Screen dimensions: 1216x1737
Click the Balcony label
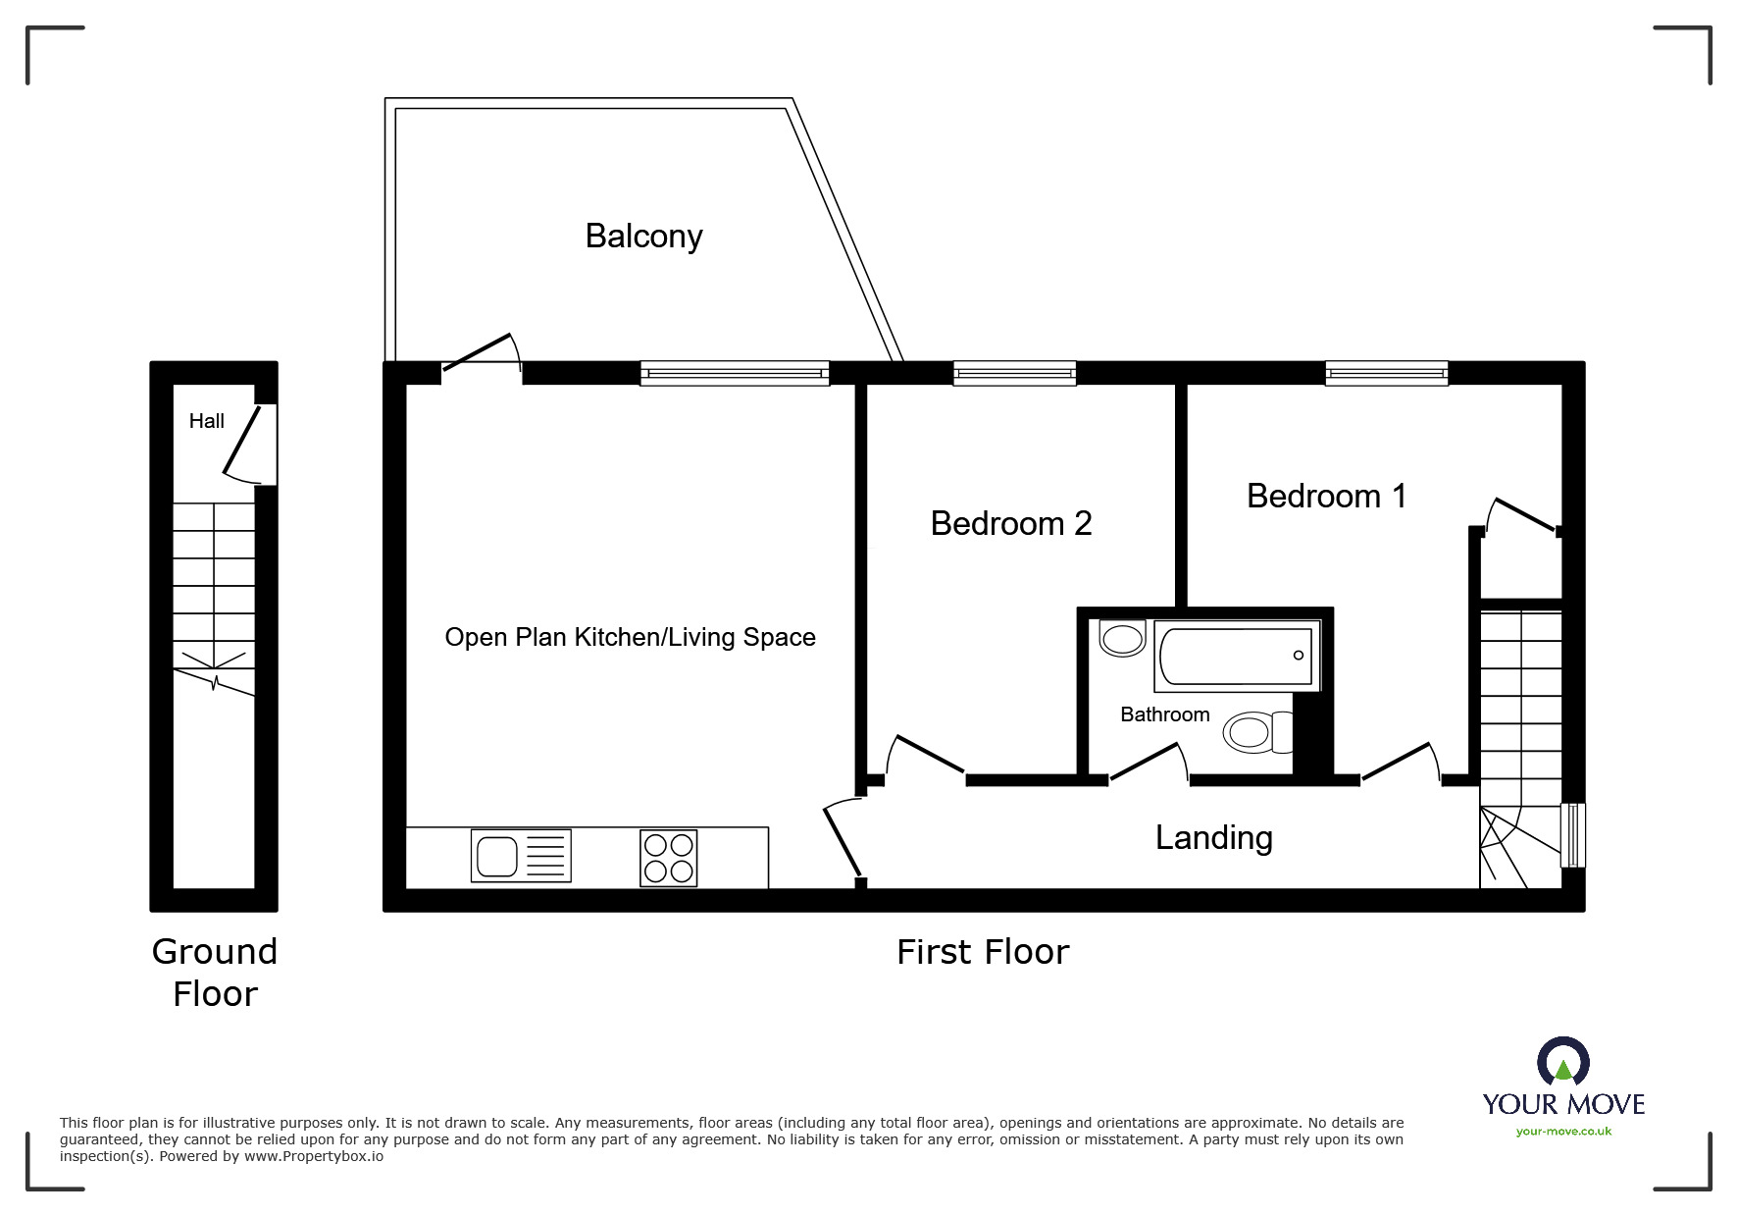point(643,237)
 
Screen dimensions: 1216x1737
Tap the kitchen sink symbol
point(520,856)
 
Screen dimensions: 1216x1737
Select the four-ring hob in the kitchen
point(669,858)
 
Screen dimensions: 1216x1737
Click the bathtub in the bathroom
point(1236,655)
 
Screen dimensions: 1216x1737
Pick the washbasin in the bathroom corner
point(1122,638)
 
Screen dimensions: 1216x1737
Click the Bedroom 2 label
point(1010,523)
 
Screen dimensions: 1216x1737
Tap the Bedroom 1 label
point(1326,496)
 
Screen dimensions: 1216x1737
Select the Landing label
point(1213,837)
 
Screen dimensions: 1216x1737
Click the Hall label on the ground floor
point(207,421)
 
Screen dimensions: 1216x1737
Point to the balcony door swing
point(481,353)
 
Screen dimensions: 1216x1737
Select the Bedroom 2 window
point(1014,372)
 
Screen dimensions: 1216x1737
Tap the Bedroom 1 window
point(1386,372)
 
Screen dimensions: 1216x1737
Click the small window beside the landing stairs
point(1572,835)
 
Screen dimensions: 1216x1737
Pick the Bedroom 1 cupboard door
point(1522,515)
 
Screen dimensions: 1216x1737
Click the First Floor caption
point(982,952)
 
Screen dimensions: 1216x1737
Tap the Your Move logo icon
point(1562,1063)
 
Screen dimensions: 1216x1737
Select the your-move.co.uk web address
point(1563,1132)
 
